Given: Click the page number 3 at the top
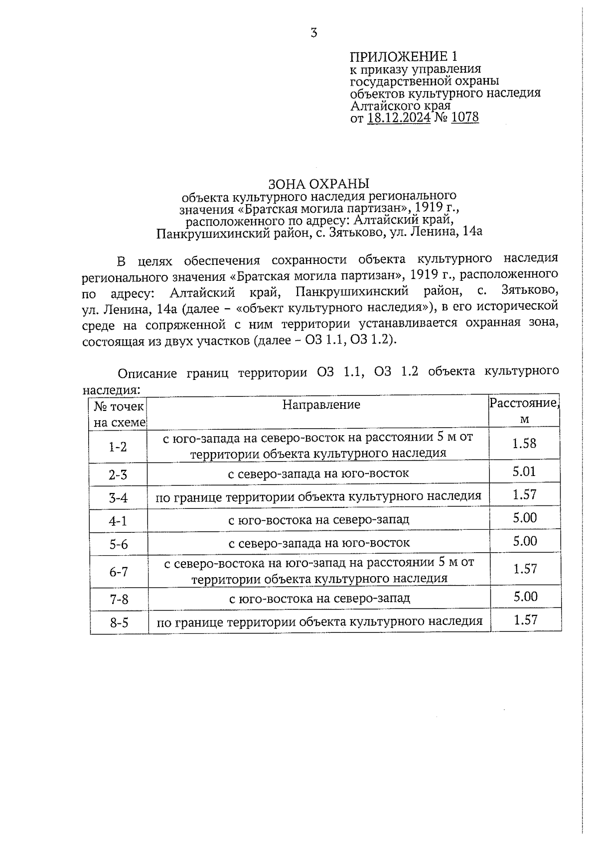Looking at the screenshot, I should (x=313, y=33).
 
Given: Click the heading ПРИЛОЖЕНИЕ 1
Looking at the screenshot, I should (x=403, y=56).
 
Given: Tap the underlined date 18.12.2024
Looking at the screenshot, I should (x=399, y=118).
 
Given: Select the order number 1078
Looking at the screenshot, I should (x=464, y=118).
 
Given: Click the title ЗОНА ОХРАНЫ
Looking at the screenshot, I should (x=319, y=183).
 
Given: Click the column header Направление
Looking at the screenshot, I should (x=321, y=404).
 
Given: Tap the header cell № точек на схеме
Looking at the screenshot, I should (x=119, y=414).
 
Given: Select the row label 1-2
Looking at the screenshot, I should (x=118, y=447).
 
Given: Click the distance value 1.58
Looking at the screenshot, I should (x=524, y=443).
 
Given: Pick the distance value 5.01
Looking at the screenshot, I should (x=524, y=472).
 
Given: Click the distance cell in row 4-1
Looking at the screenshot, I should (x=525, y=518).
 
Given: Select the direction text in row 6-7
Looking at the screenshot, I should (x=319, y=570).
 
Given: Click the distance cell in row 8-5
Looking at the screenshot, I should (x=525, y=620).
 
